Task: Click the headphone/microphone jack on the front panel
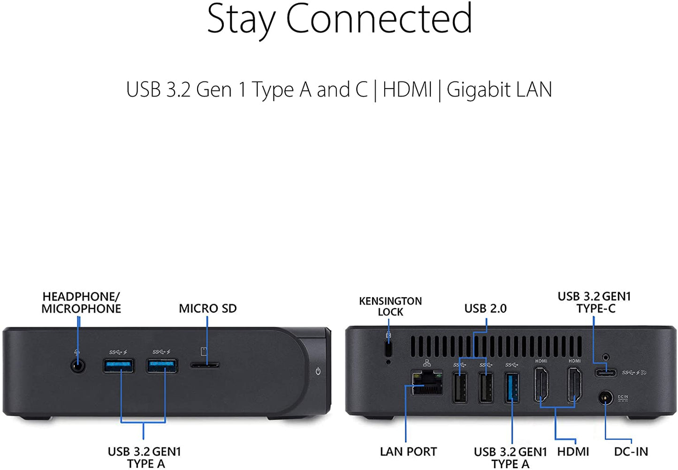pyautogui.click(x=78, y=366)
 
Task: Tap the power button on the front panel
pyautogui.click(x=318, y=371)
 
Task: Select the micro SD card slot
pyautogui.click(x=205, y=366)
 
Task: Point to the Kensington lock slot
pyautogui.click(x=389, y=349)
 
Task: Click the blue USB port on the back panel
pyautogui.click(x=511, y=388)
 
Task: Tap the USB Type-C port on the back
pyautogui.click(x=605, y=373)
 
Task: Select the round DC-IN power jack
pyautogui.click(x=605, y=398)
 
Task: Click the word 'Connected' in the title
pyautogui.click(x=379, y=18)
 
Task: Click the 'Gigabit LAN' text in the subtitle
pyautogui.click(x=499, y=90)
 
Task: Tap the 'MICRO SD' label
pyautogui.click(x=208, y=309)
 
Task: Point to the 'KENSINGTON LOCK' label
pyautogui.click(x=390, y=306)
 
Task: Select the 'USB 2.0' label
pyautogui.click(x=486, y=309)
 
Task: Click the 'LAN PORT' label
pyautogui.click(x=408, y=452)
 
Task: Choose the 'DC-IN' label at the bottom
pyautogui.click(x=631, y=452)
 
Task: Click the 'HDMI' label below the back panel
pyautogui.click(x=573, y=452)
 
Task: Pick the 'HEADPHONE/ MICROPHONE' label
pyautogui.click(x=81, y=303)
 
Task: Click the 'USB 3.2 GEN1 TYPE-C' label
pyautogui.click(x=594, y=303)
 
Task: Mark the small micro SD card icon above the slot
pyautogui.click(x=204, y=351)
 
